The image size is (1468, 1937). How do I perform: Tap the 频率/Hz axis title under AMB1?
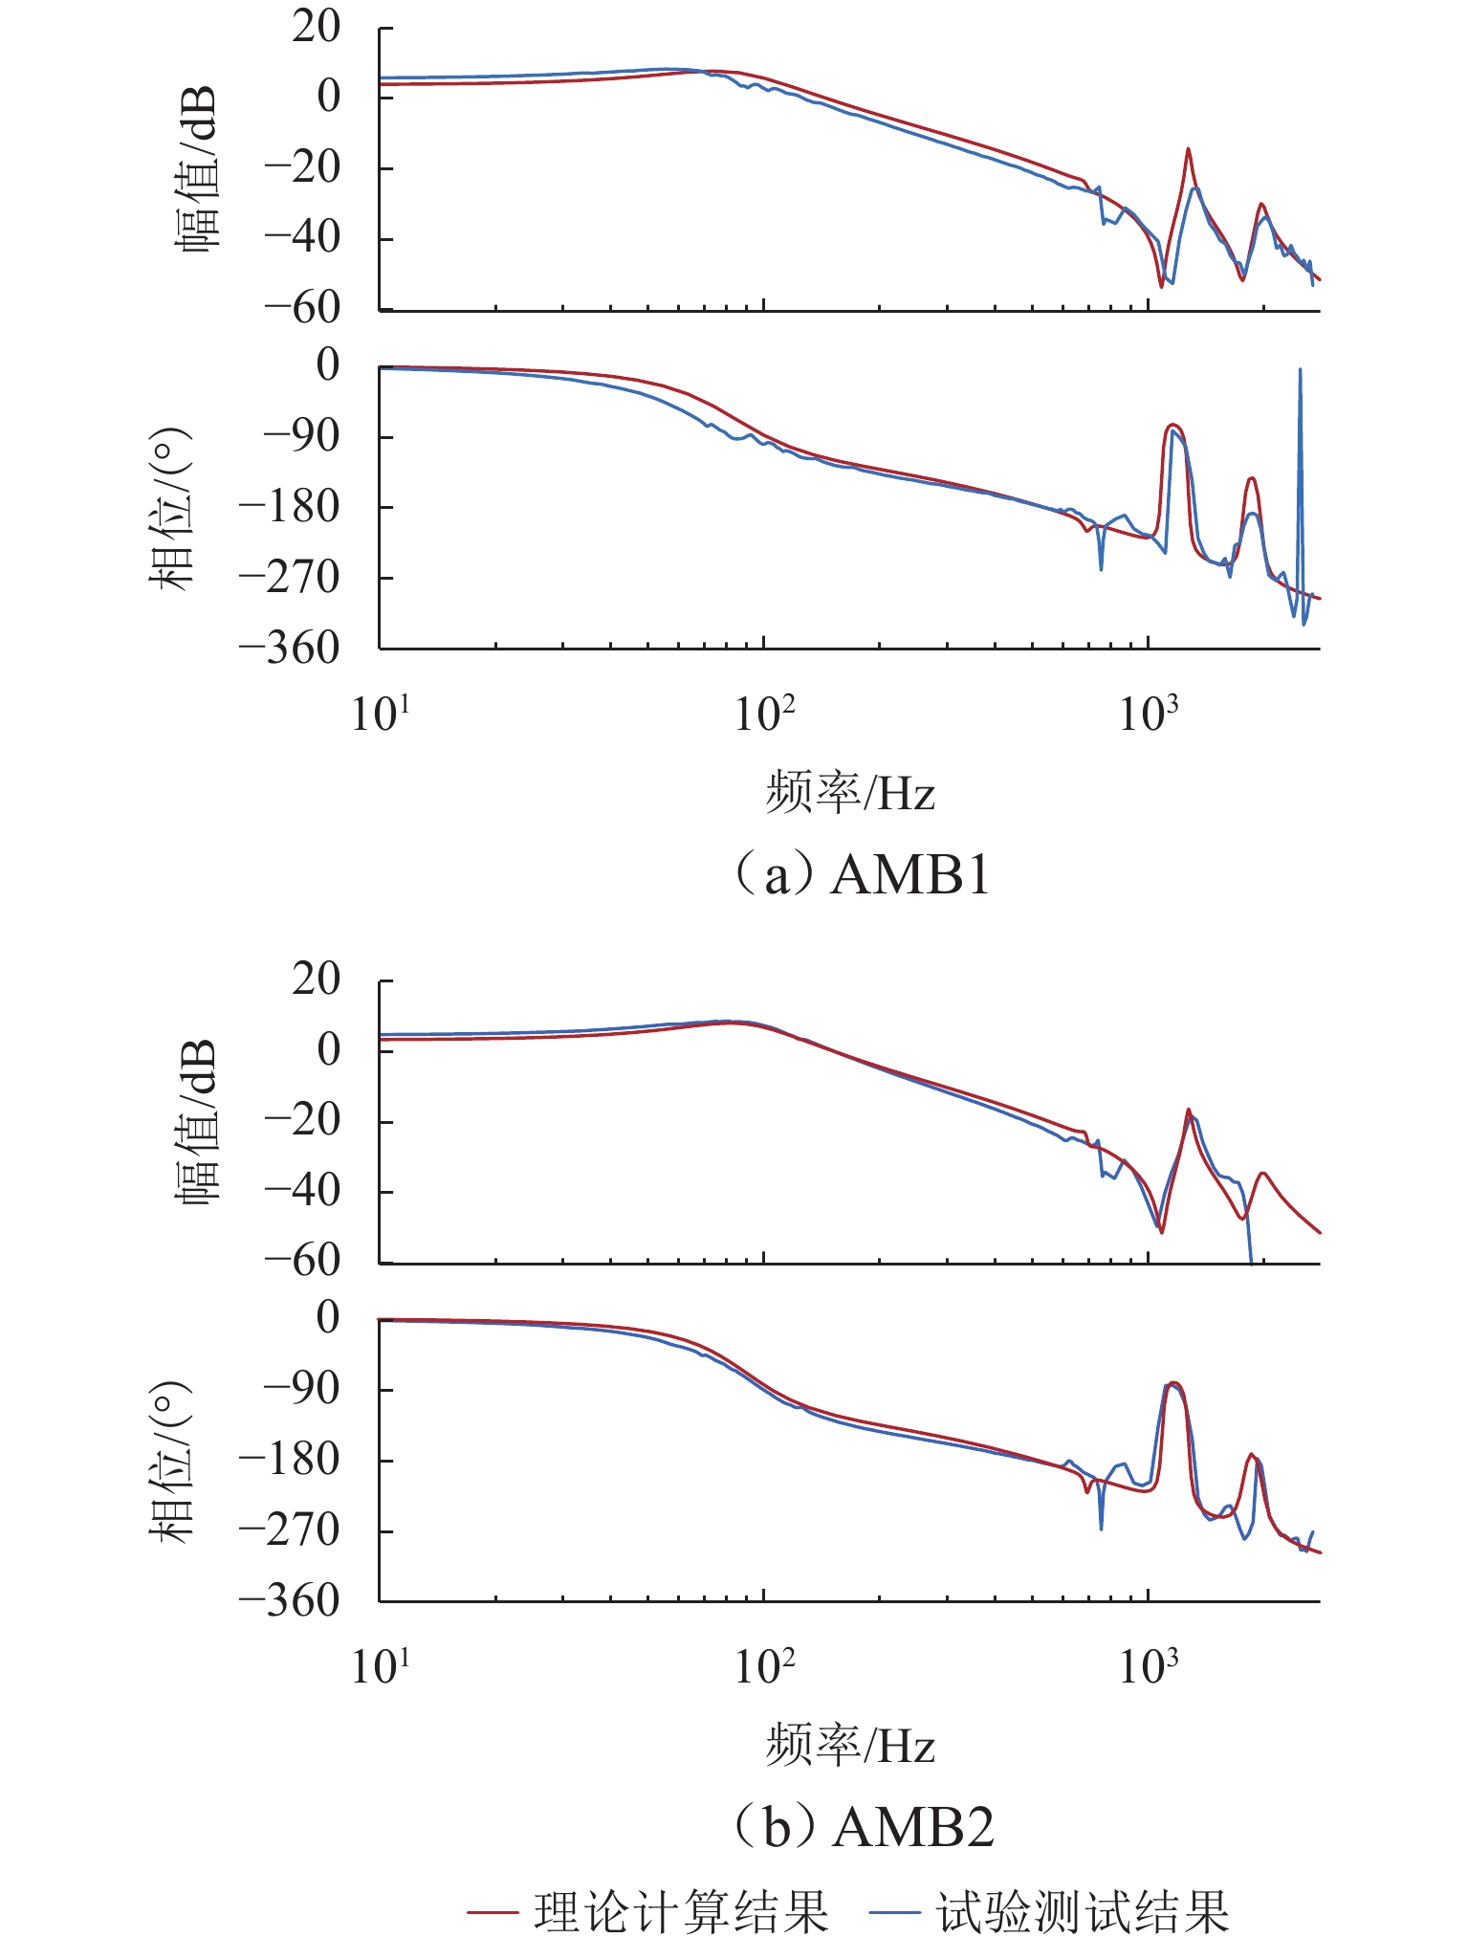tap(849, 793)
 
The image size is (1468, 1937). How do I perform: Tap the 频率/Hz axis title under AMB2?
tap(849, 1746)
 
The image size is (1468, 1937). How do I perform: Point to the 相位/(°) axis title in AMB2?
tap(172, 1460)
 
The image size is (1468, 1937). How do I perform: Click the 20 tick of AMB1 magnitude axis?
tap(316, 27)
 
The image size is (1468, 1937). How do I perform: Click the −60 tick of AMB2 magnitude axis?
tap(301, 1261)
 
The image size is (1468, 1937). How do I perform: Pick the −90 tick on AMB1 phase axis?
tap(301, 436)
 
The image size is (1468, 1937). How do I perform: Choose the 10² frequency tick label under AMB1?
tap(764, 714)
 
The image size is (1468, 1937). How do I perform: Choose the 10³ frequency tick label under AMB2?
tap(1148, 1666)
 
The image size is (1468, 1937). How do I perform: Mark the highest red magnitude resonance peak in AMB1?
tap(1188, 150)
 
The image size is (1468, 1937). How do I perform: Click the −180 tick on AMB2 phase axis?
tap(289, 1460)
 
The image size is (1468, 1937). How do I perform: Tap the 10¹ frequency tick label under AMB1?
tap(381, 714)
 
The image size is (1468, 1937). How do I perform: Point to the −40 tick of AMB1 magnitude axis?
tap(301, 236)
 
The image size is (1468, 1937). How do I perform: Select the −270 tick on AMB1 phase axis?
tap(289, 577)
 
